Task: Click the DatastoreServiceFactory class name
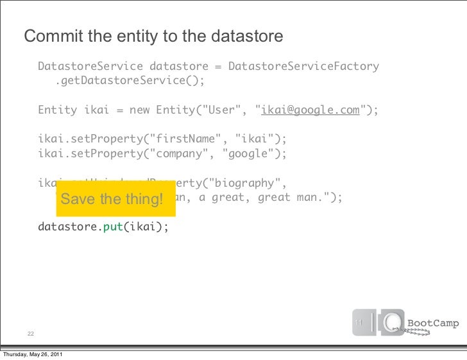303,67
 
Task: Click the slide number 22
31,334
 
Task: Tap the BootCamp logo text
434,323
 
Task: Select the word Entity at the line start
57,110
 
